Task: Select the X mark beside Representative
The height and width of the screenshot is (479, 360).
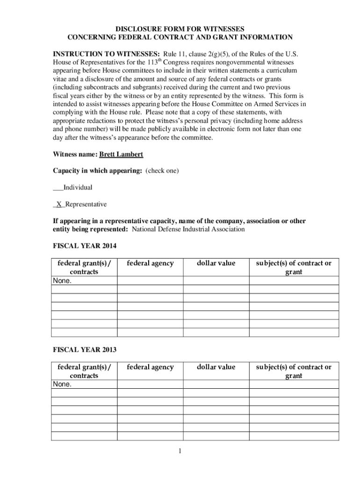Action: click(59, 204)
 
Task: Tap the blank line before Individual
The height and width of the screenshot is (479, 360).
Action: click(58, 188)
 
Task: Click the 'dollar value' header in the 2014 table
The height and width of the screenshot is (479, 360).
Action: click(216, 263)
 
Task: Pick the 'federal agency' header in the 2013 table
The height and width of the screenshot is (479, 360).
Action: click(150, 367)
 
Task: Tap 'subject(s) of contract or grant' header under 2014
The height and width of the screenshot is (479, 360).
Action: click(294, 267)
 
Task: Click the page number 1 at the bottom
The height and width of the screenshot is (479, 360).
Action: click(180, 451)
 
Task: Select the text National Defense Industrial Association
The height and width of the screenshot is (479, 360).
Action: click(188, 229)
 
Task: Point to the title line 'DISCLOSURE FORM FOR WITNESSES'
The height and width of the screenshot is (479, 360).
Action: click(180, 29)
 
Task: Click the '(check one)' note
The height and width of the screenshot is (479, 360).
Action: click(162, 171)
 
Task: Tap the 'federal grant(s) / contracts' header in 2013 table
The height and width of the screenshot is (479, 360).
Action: click(84, 371)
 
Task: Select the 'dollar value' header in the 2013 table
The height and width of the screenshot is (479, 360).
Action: click(216, 367)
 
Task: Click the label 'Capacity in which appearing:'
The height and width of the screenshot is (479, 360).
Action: click(97, 171)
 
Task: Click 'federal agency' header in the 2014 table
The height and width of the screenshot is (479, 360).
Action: click(150, 263)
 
